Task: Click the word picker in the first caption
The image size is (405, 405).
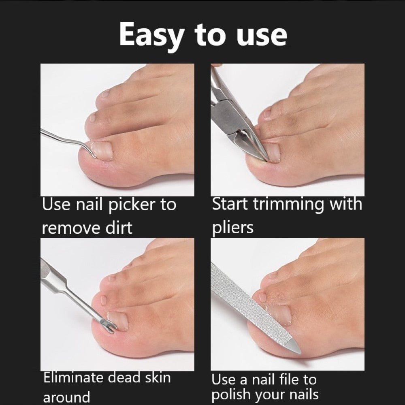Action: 132,205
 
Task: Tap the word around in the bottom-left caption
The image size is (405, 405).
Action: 66,396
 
